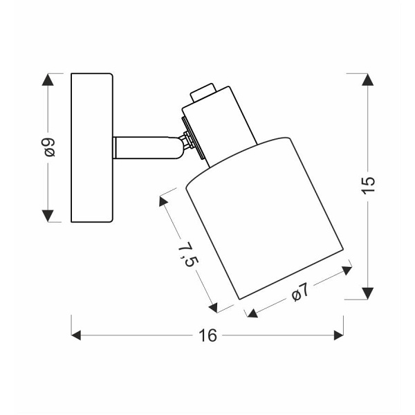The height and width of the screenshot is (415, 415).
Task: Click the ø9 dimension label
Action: coord(50,148)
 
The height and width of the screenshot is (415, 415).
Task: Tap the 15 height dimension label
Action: coord(368,185)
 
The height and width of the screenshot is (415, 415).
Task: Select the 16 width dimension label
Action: coord(207,335)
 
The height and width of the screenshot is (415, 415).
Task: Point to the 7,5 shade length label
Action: coord(187,254)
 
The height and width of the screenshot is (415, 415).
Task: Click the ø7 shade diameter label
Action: coord(300,292)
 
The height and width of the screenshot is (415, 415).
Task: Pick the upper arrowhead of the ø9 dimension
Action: coord(48,80)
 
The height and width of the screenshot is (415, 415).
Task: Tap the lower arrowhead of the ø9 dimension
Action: coord(48,216)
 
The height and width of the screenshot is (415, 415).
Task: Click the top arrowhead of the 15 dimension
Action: coord(368,80)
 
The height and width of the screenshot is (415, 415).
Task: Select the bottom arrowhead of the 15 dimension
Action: coord(368,293)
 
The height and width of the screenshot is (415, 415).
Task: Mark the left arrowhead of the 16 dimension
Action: coord(76,335)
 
